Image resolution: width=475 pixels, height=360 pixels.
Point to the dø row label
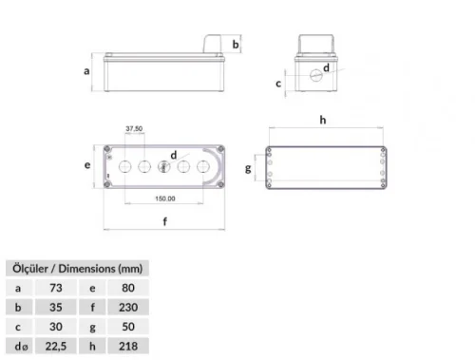[19, 346]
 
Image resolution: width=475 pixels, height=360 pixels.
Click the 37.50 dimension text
[134, 128]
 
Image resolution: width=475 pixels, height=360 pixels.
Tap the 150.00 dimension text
[165, 199]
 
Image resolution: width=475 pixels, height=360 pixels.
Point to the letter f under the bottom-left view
[166, 223]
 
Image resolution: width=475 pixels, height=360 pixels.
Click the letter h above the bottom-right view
[323, 120]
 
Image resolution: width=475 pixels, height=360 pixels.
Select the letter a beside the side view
[86, 70]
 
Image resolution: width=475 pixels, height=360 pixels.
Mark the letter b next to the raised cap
[236, 45]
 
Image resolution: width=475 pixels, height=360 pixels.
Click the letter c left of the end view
[278, 83]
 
